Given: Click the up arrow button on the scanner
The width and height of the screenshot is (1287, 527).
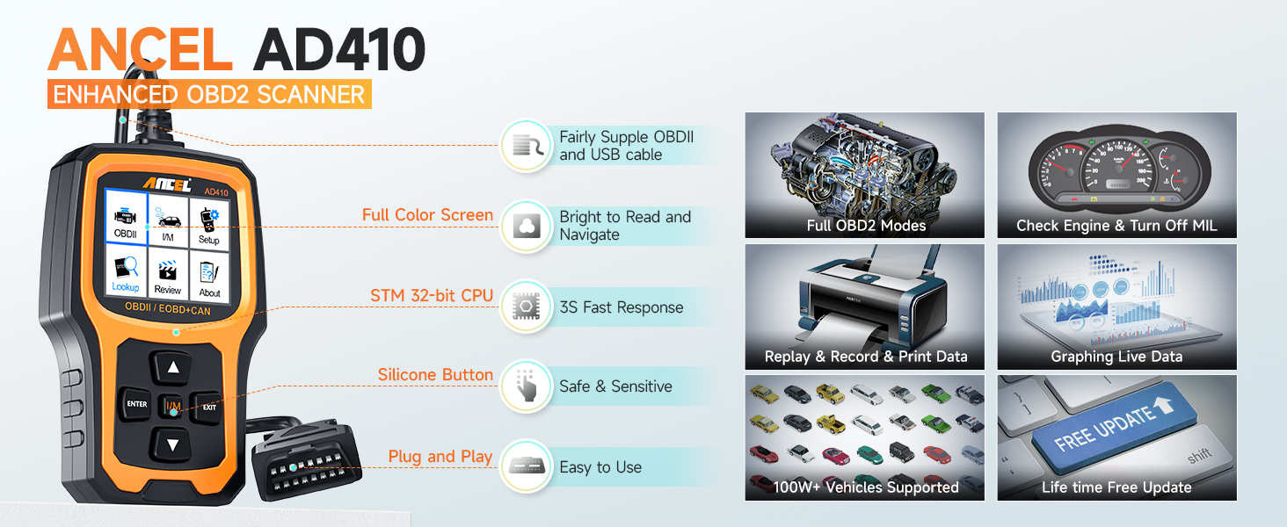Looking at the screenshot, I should [x=173, y=368].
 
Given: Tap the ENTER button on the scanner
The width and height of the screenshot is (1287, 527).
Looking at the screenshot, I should [x=137, y=405].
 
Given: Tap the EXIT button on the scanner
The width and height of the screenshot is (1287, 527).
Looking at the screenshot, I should [x=209, y=407].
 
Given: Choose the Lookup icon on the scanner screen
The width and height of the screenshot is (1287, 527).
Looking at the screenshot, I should [x=125, y=271].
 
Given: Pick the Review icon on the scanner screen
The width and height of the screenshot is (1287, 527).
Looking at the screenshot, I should [x=167, y=274].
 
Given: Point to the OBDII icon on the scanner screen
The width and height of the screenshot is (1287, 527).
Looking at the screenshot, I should [x=125, y=220].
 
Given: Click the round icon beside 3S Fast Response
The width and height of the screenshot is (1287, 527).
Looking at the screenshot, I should [x=526, y=307].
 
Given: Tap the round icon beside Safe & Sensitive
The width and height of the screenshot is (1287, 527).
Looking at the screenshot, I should [x=526, y=386].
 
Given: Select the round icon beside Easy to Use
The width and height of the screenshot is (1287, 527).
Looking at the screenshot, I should [x=526, y=466].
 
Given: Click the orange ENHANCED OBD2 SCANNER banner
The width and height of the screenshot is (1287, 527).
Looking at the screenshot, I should [x=209, y=94].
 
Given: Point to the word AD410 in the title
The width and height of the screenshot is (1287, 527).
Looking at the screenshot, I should [x=338, y=51].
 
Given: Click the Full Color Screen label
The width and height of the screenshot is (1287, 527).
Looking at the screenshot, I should [x=427, y=215].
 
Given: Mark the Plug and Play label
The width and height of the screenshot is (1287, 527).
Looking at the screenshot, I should [x=440, y=457].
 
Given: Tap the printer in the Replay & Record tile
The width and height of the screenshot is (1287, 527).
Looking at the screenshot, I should [x=866, y=299].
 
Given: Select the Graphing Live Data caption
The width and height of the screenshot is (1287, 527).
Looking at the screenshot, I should [x=1116, y=357].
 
